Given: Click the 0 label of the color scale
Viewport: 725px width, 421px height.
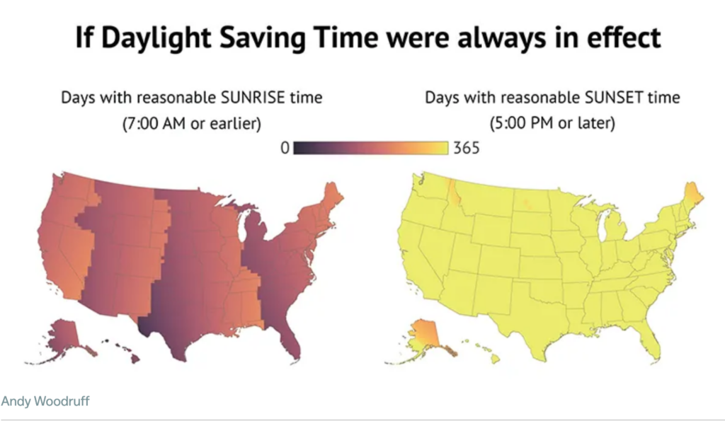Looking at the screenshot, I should click(x=285, y=148).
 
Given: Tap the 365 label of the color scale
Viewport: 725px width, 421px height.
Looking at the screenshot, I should click(x=466, y=148).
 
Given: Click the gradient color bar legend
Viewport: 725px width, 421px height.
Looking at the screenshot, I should click(x=370, y=148).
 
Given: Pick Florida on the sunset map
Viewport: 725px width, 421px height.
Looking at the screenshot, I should click(x=650, y=343).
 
